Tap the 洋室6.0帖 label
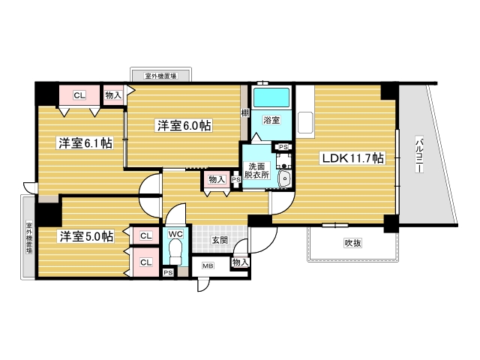coord(184,126)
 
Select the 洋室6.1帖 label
coord(85,142)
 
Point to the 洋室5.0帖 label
coord(86,236)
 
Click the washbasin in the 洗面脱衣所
coord(285,178)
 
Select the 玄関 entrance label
coord(220,240)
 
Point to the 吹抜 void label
coord(353,242)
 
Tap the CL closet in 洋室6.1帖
coord(79,95)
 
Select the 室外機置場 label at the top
coord(160,76)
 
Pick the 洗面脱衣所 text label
coord(256,170)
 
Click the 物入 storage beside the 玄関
coord(241,262)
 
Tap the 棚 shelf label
coord(244,112)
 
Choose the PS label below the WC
coord(168,272)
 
